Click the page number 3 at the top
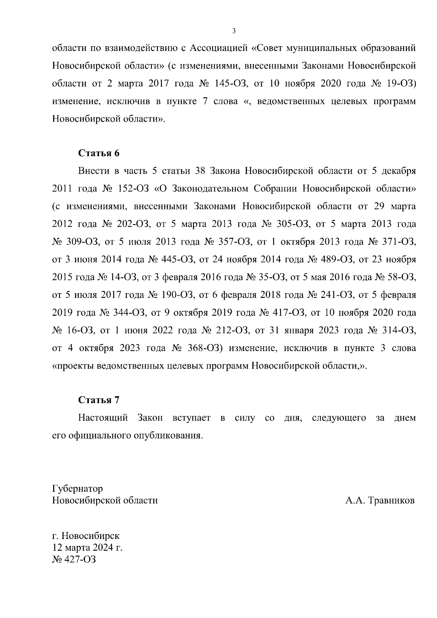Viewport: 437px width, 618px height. [234, 31]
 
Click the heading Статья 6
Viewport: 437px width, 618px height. [99, 153]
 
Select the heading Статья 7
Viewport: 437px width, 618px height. [99, 400]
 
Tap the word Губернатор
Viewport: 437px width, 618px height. [78, 488]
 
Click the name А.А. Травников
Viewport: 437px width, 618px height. [380, 500]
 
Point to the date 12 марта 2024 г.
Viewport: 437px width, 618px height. [87, 548]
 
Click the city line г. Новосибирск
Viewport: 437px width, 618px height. [86, 536]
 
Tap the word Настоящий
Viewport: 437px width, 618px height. [103, 418]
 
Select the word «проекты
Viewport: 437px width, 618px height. [74, 366]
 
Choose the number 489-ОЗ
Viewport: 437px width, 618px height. [338, 260]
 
